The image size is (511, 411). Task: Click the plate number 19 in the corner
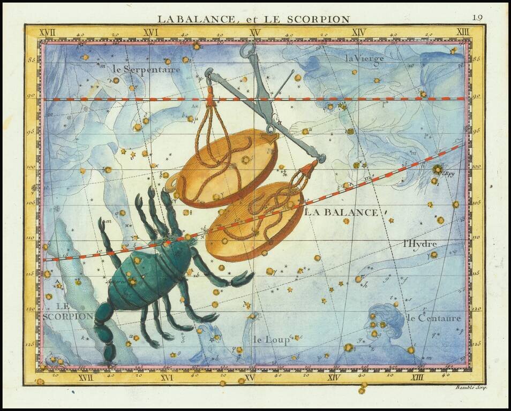[x=477, y=17]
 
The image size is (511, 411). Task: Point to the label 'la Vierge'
[x=364, y=58]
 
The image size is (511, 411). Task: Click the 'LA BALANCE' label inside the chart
[x=341, y=212]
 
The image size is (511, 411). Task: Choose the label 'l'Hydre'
[x=420, y=244]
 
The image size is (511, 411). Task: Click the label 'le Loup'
[x=271, y=339]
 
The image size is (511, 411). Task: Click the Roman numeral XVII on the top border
[x=49, y=33]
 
